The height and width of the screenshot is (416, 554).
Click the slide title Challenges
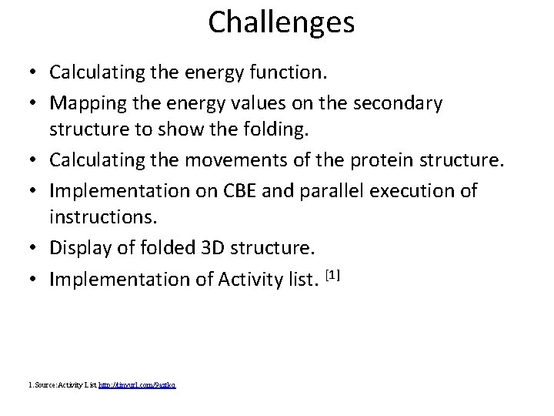click(281, 22)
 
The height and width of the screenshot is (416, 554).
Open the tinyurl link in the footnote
click(138, 383)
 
